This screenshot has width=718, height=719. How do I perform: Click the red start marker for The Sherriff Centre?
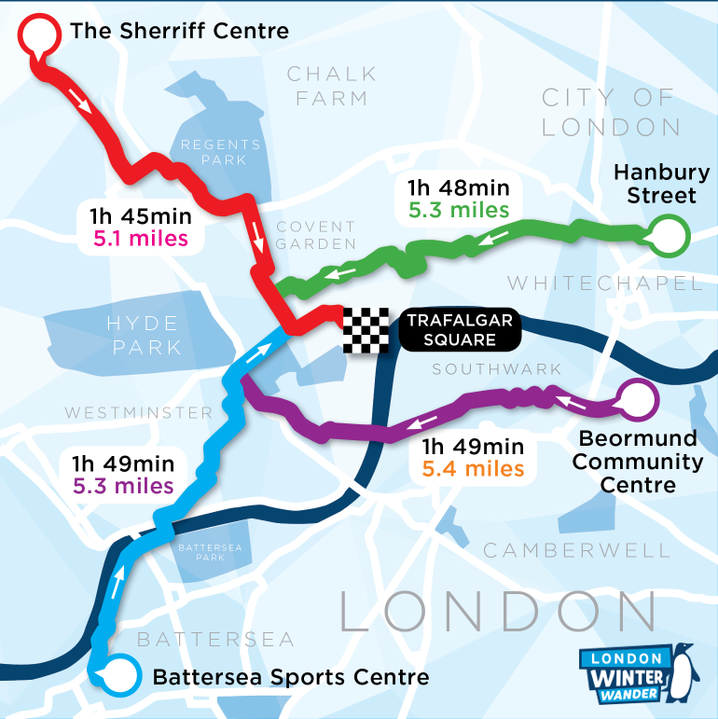pos(37,36)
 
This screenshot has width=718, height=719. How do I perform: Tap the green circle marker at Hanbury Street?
pos(668,237)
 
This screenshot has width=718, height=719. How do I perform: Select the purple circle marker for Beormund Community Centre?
pos(638,402)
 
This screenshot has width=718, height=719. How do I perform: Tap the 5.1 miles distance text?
pos(140,240)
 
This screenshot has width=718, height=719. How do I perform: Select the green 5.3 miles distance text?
pos(459,210)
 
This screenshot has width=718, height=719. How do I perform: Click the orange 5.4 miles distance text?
pos(473,468)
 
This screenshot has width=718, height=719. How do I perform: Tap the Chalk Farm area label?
pos(331,85)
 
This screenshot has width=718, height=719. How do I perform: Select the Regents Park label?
pos(221,152)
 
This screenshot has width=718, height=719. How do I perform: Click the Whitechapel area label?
pos(604,283)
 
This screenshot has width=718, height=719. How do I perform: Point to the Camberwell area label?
pos(575,550)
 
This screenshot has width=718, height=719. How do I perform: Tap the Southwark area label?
pos(497,369)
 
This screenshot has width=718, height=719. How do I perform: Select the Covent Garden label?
pos(316,235)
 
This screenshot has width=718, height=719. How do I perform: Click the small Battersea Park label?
pos(202,551)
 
